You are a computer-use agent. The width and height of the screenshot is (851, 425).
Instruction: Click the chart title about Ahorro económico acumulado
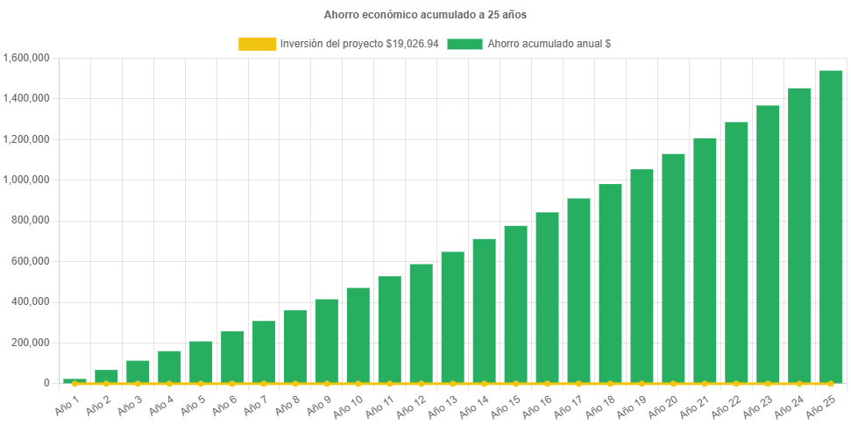pyautogui.click(x=425, y=15)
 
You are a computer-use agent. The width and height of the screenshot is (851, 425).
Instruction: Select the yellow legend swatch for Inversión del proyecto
pyautogui.click(x=256, y=44)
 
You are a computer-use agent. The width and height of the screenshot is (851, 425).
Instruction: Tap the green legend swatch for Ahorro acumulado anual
pyautogui.click(x=465, y=44)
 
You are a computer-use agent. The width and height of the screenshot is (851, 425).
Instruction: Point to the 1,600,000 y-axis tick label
pyautogui.click(x=26, y=58)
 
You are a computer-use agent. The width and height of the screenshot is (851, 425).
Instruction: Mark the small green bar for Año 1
pyautogui.click(x=74, y=380)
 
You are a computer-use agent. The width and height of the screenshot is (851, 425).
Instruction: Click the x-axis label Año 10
pyautogui.click(x=353, y=403)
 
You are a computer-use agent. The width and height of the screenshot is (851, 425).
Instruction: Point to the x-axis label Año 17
pyautogui.click(x=574, y=403)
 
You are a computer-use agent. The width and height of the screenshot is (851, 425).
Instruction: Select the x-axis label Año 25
pyautogui.click(x=826, y=403)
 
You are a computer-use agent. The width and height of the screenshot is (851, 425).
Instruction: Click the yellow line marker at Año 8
pyautogui.click(x=295, y=384)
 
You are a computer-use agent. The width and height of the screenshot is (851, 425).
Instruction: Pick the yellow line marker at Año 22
pyautogui.click(x=736, y=384)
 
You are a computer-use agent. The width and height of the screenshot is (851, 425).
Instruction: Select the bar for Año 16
pyautogui.click(x=547, y=298)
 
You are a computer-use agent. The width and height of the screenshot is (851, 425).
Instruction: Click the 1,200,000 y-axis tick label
pyautogui.click(x=26, y=139)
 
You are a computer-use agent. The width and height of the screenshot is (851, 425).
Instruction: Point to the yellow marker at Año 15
pyautogui.click(x=515, y=384)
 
